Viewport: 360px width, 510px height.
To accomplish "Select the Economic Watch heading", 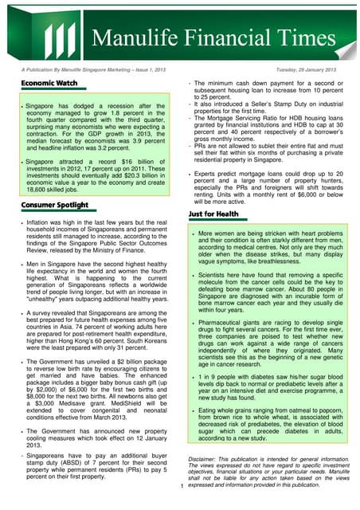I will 49,83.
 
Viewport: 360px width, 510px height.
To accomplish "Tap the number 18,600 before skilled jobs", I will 37,190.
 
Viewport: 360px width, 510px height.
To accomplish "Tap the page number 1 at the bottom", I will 182,485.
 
